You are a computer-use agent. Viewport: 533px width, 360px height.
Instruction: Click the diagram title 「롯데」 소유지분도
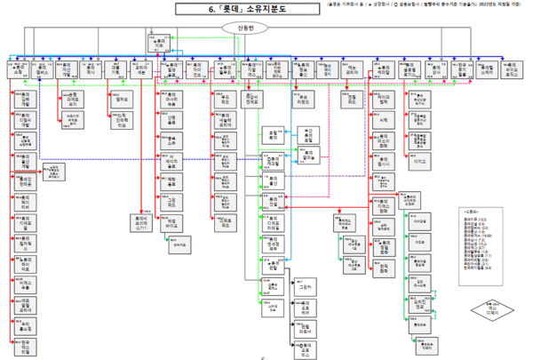tap(266, 9)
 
